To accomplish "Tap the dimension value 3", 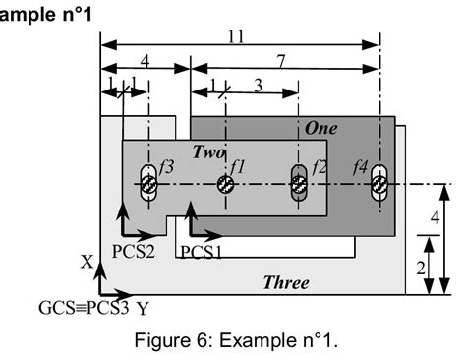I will [258, 86].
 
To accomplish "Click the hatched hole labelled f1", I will [225, 184].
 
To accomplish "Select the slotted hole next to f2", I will [301, 184].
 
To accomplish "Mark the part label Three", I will [286, 283].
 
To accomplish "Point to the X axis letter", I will [87, 263].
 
